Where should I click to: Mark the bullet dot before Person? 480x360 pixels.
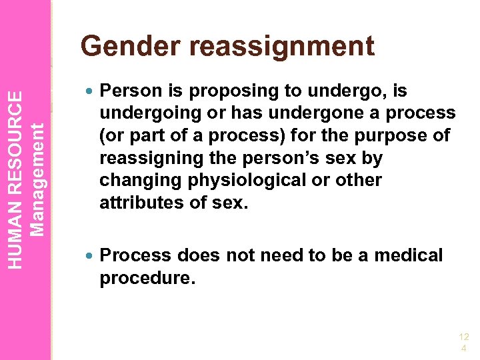(x=90, y=91)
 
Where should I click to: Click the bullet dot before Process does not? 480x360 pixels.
(x=90, y=255)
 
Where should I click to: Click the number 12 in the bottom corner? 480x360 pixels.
(x=463, y=337)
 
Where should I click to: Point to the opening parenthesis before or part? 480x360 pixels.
(x=103, y=135)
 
